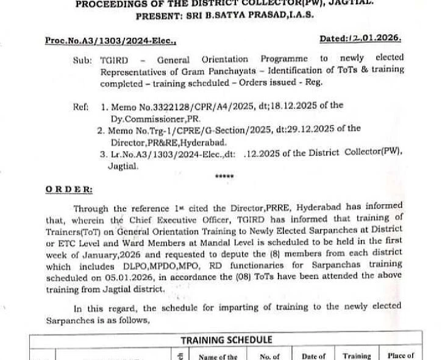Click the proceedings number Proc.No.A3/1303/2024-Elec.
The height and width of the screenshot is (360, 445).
[110, 41]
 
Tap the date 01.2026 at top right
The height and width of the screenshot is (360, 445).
[377, 38]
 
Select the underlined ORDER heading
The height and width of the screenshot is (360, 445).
[69, 190]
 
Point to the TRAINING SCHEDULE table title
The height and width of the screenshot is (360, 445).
[226, 340]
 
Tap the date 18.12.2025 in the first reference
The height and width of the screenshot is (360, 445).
[300, 106]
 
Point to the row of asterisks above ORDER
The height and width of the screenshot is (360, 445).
[224, 177]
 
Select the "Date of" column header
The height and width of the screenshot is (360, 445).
[314, 356]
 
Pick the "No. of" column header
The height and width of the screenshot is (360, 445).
[269, 356]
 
